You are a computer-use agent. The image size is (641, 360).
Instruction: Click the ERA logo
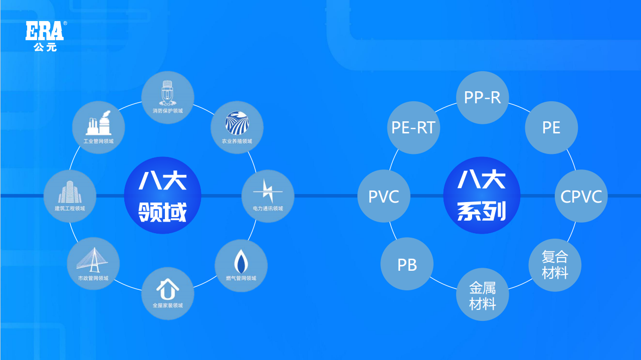(45, 31)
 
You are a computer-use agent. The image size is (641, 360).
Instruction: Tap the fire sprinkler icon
(167, 92)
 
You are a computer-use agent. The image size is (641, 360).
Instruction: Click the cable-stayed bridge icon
(93, 259)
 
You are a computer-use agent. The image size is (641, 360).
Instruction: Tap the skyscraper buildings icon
(70, 191)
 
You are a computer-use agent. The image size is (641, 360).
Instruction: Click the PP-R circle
(483, 97)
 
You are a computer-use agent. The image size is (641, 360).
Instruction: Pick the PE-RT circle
(414, 127)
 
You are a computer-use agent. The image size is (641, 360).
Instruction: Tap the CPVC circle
(581, 196)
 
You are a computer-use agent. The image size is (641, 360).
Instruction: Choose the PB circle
(407, 264)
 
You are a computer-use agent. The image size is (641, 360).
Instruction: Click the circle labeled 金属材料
(483, 295)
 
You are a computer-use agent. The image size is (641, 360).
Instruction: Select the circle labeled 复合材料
(555, 265)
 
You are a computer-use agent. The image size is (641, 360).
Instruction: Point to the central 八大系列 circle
(482, 196)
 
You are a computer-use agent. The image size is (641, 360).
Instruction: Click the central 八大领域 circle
(162, 196)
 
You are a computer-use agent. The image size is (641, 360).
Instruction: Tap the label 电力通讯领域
(268, 209)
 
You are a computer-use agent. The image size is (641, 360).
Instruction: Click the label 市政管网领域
(93, 278)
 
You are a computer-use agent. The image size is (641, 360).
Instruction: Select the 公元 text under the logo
(45, 47)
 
